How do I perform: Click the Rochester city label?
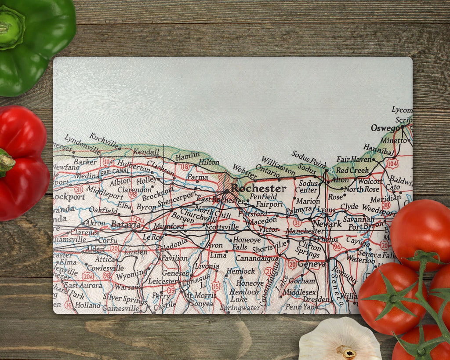click(258, 188)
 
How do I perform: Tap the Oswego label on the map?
click(385, 128)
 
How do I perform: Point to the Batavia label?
click(126, 224)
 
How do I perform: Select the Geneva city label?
click(312, 264)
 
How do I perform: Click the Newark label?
click(327, 224)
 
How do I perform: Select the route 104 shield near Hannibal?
click(392, 164)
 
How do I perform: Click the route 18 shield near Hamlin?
click(185, 167)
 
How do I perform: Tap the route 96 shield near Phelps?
click(337, 247)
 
